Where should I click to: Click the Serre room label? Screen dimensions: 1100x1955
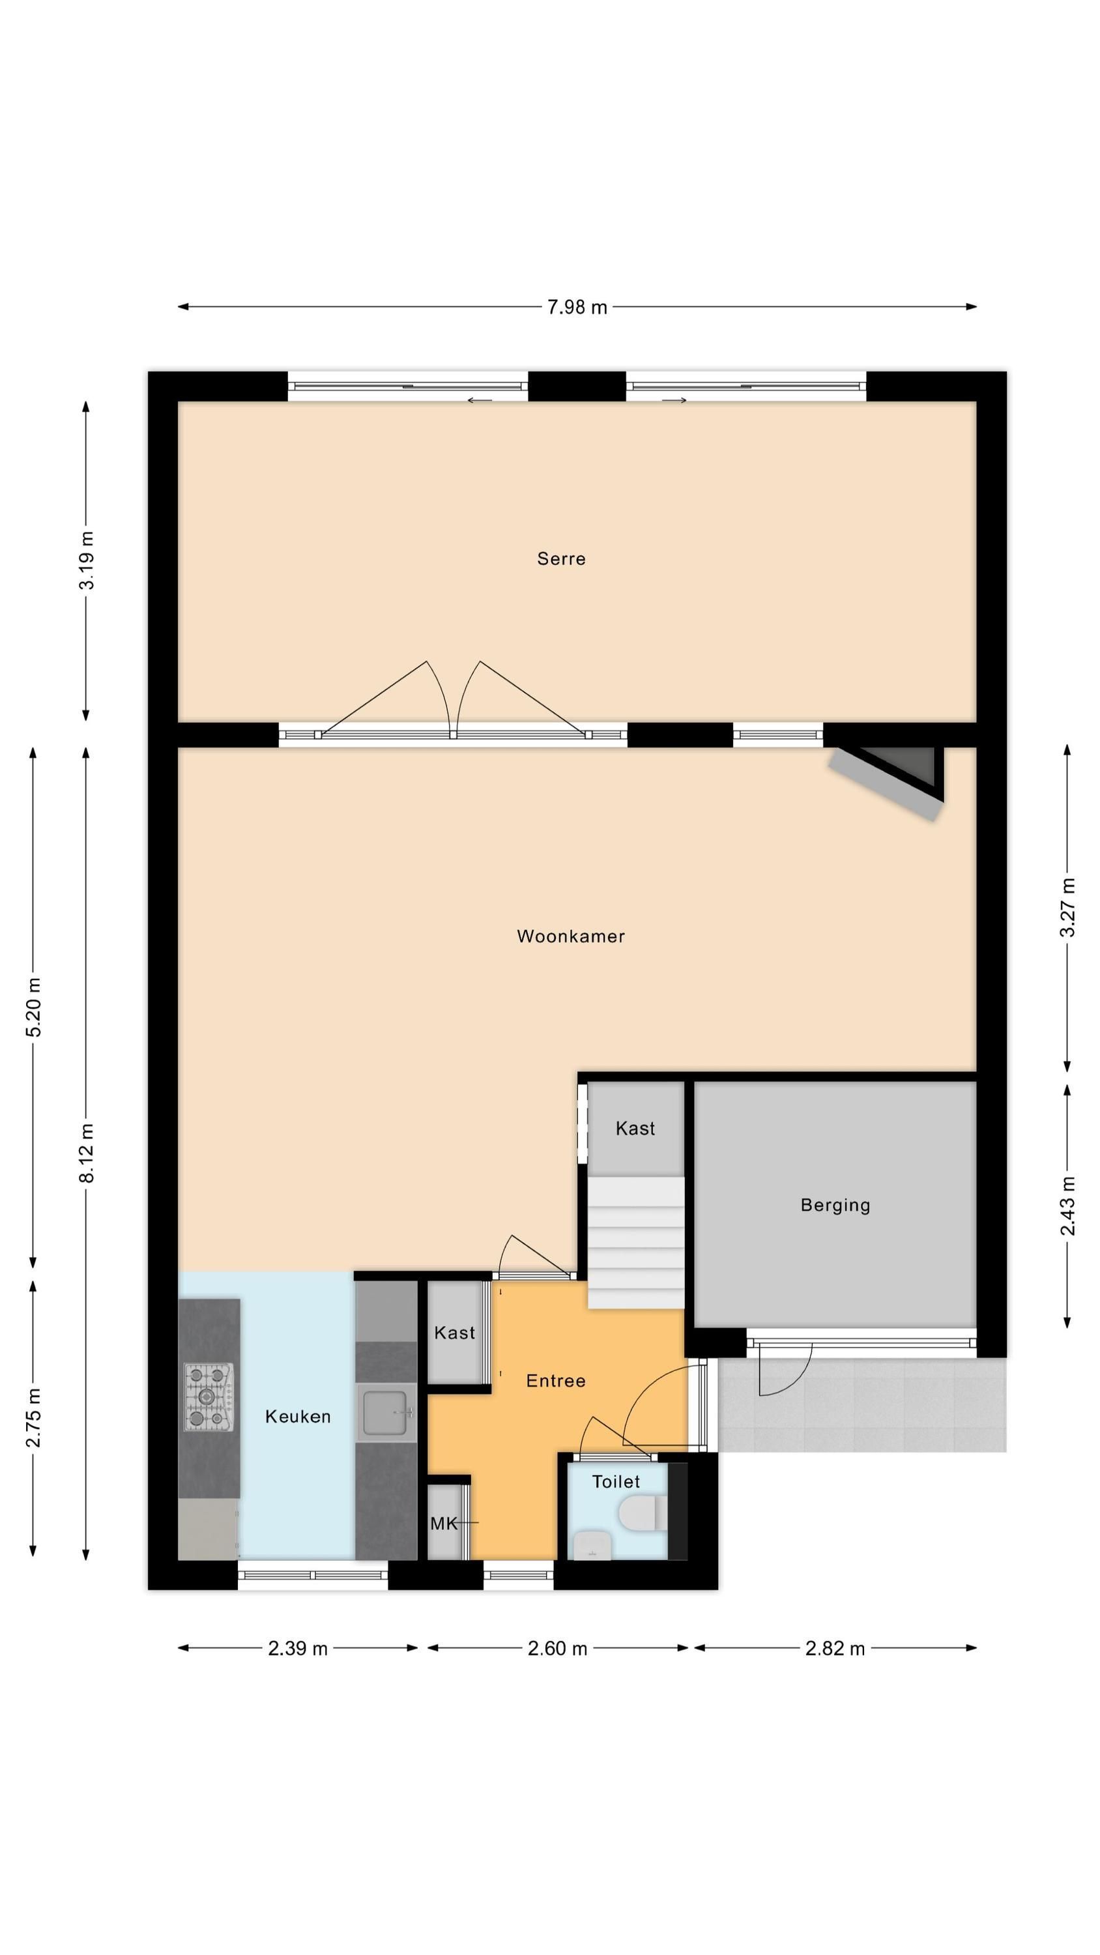pyautogui.click(x=561, y=558)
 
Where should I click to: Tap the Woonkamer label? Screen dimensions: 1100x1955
pyautogui.click(x=571, y=936)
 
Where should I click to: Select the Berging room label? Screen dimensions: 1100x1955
pyautogui.click(x=835, y=1205)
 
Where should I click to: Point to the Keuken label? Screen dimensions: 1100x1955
pyautogui.click(x=298, y=1416)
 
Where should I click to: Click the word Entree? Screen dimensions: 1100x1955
pyautogui.click(x=556, y=1380)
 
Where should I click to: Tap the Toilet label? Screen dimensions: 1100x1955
pyautogui.click(x=616, y=1481)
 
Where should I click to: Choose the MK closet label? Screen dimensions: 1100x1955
pyautogui.click(x=444, y=1523)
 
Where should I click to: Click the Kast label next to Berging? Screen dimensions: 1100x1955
pyautogui.click(x=635, y=1129)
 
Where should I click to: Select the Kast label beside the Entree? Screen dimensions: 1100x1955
pyautogui.click(x=455, y=1333)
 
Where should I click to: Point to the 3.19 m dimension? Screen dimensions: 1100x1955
pyautogui.click(x=87, y=560)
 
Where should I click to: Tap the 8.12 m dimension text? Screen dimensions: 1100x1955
pyautogui.click(x=87, y=1153)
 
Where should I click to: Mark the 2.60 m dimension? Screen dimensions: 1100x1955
pyautogui.click(x=558, y=1649)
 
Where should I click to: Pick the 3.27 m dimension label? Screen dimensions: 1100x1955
pyautogui.click(x=1067, y=907)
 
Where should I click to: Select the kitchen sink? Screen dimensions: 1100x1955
pyautogui.click(x=386, y=1412)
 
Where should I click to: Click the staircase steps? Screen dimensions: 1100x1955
pyautogui.click(x=636, y=1242)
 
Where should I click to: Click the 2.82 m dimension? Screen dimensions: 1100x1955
pyautogui.click(x=835, y=1649)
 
